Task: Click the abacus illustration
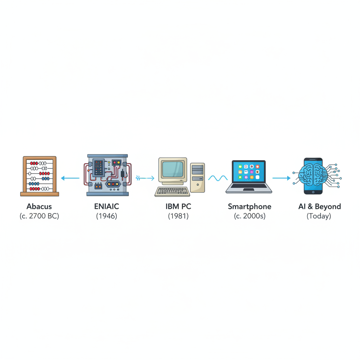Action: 39,176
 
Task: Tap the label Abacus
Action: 39,206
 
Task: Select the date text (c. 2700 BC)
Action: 39,216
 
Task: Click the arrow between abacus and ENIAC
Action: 70,178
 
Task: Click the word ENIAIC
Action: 106,206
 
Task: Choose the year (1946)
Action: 106,216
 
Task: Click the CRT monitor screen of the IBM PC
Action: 173,169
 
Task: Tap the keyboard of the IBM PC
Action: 172,192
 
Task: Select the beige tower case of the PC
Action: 197,177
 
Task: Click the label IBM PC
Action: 178,206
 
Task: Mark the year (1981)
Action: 178,216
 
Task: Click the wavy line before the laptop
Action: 218,178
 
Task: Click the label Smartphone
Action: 249,206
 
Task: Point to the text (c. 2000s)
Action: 249,216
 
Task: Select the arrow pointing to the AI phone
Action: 281,178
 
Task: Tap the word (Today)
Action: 319,216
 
